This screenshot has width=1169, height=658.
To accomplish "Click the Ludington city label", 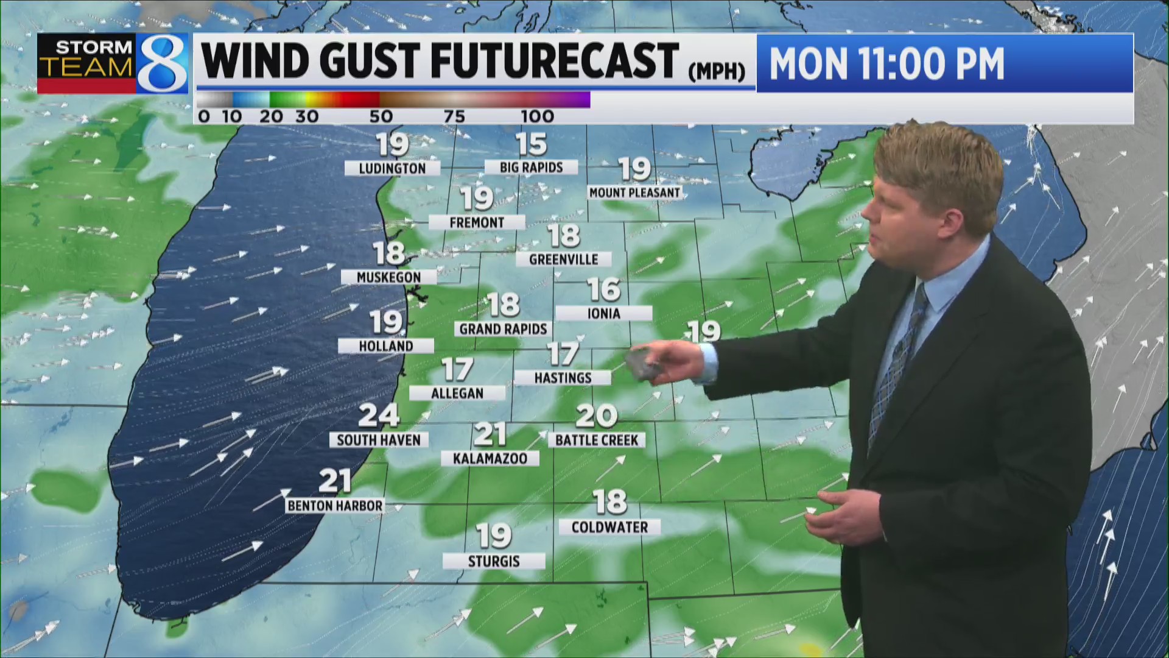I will pyautogui.click(x=392, y=168).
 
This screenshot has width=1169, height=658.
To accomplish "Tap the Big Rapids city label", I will pyautogui.click(x=531, y=167).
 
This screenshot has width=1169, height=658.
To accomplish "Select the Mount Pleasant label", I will pyautogui.click(x=634, y=193).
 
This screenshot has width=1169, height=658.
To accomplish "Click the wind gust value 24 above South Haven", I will pyautogui.click(x=379, y=416).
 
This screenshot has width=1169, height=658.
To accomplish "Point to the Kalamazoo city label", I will pyautogui.click(x=490, y=458).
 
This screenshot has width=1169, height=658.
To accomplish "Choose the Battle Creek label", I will pyautogui.click(x=597, y=440).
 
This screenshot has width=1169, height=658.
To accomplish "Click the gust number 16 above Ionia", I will pyautogui.click(x=604, y=290).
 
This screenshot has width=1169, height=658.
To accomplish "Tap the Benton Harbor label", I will pyautogui.click(x=335, y=506).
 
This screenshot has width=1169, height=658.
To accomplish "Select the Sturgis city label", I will pyautogui.click(x=494, y=561).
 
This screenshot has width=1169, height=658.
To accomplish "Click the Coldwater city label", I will pyautogui.click(x=609, y=527).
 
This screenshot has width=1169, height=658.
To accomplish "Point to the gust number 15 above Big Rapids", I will pyautogui.click(x=532, y=144).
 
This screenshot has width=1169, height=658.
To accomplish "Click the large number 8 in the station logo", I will pyautogui.click(x=161, y=64).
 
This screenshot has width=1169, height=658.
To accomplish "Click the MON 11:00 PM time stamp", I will pyautogui.click(x=886, y=63).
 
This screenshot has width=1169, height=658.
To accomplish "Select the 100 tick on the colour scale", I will pyautogui.click(x=537, y=116).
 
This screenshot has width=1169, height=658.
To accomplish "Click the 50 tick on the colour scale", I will pyautogui.click(x=381, y=116).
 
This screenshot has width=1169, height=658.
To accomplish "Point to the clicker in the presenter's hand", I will pyautogui.click(x=644, y=364).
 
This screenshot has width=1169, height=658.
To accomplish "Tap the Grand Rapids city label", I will pyautogui.click(x=503, y=329).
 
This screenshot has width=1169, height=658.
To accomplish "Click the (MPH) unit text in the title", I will pyautogui.click(x=717, y=72).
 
